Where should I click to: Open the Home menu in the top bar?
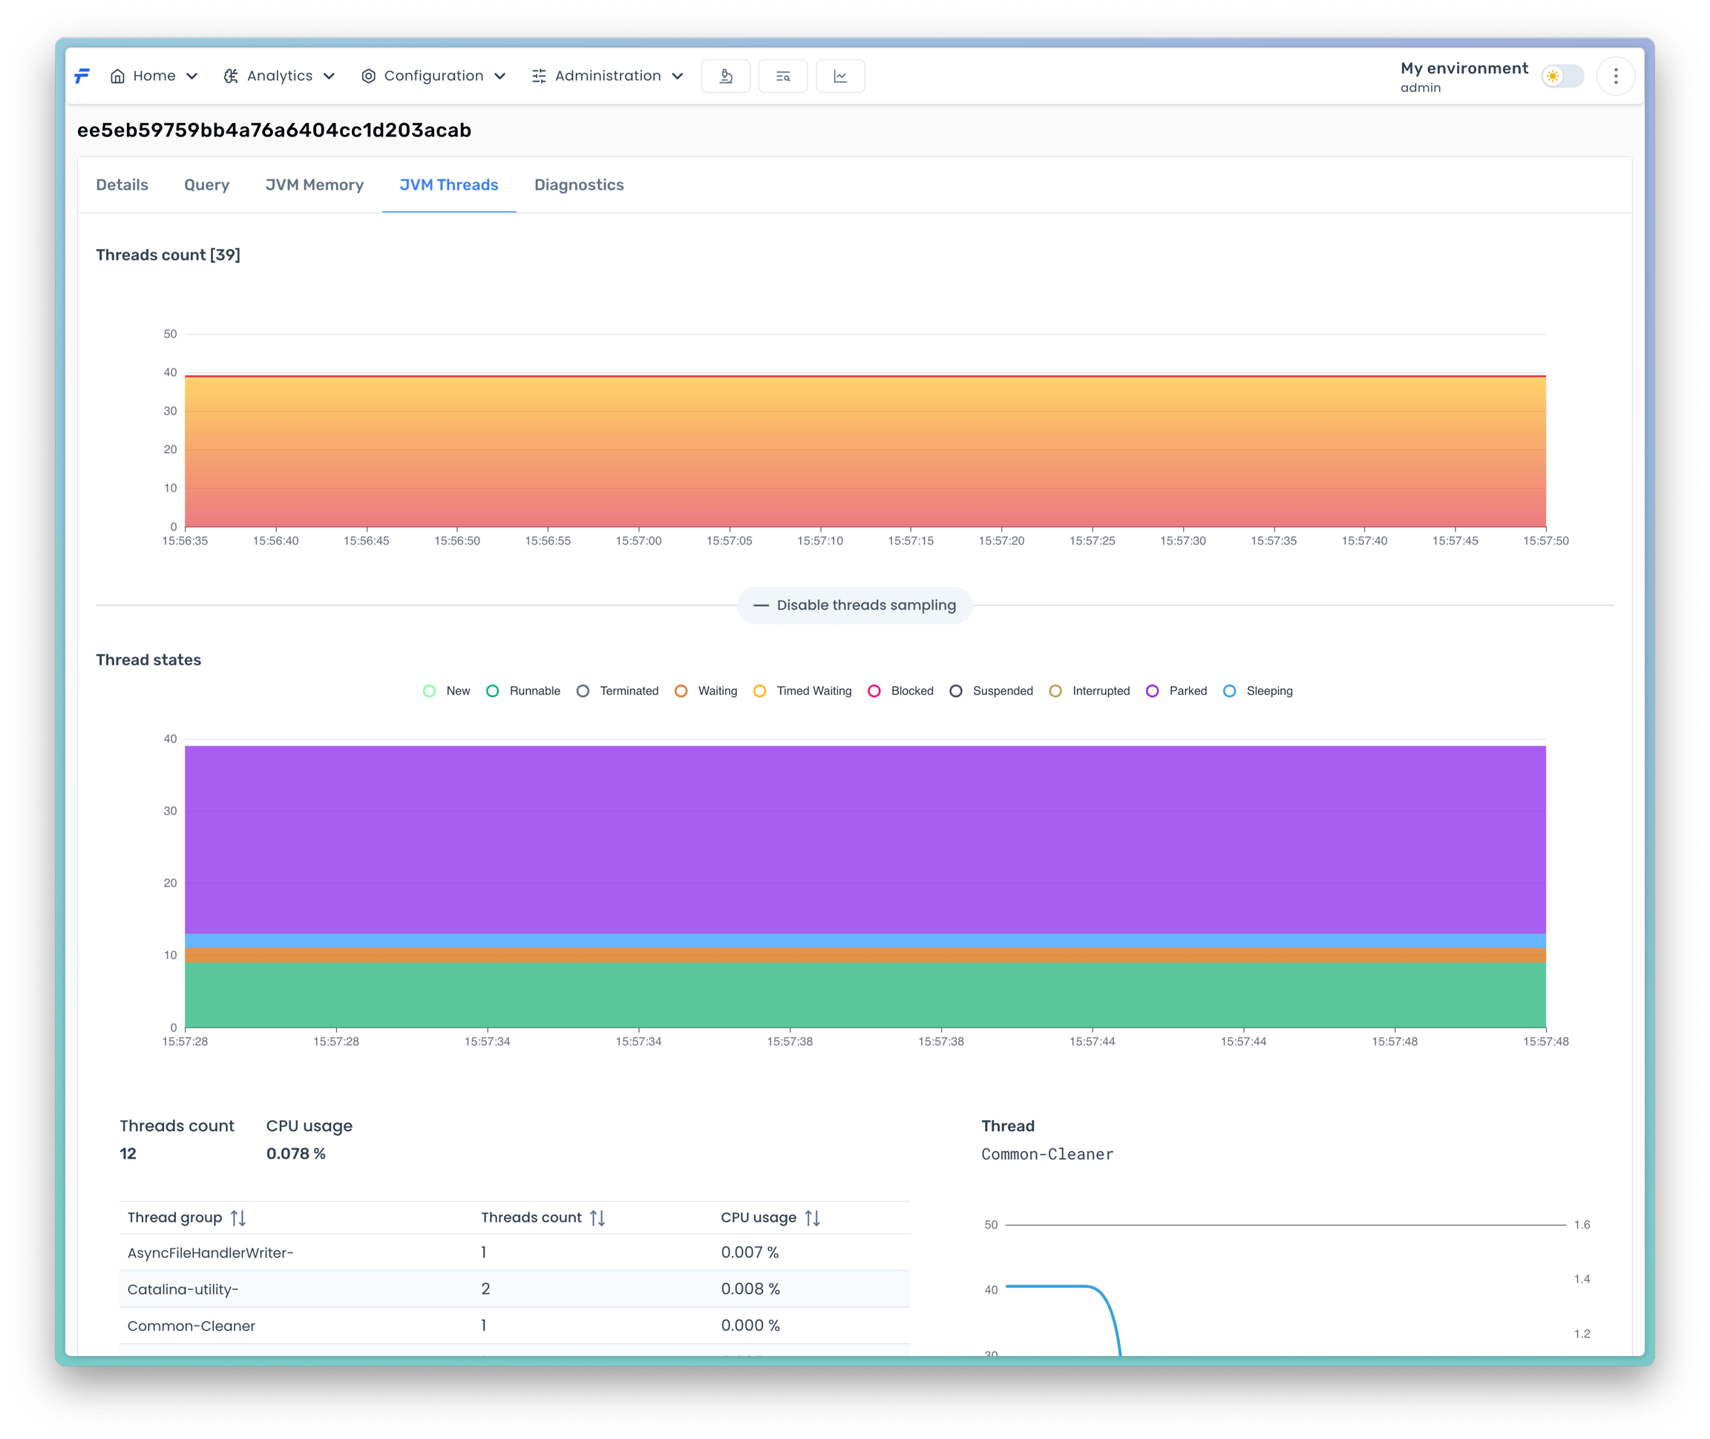coord(154,76)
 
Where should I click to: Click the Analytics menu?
coord(279,76)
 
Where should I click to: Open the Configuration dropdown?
coord(433,76)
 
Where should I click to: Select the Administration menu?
coord(607,76)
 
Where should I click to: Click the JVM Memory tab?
coord(314,185)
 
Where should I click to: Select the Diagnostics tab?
coord(579,185)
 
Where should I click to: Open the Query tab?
coord(206,185)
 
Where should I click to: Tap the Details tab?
coord(122,185)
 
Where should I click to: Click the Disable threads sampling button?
coord(854,605)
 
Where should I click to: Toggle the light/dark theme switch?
coord(1562,76)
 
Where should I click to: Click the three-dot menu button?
coord(1615,76)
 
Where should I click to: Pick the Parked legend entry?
coord(1176,691)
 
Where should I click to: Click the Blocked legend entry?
coord(900,691)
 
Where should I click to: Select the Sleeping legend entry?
coord(1258,691)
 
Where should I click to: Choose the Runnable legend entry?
coord(523,691)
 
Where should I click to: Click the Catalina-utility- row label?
coord(183,1289)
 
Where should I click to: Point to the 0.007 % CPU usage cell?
coord(750,1252)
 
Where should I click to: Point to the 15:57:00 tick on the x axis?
coord(638,541)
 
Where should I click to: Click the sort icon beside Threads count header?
coord(597,1218)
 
